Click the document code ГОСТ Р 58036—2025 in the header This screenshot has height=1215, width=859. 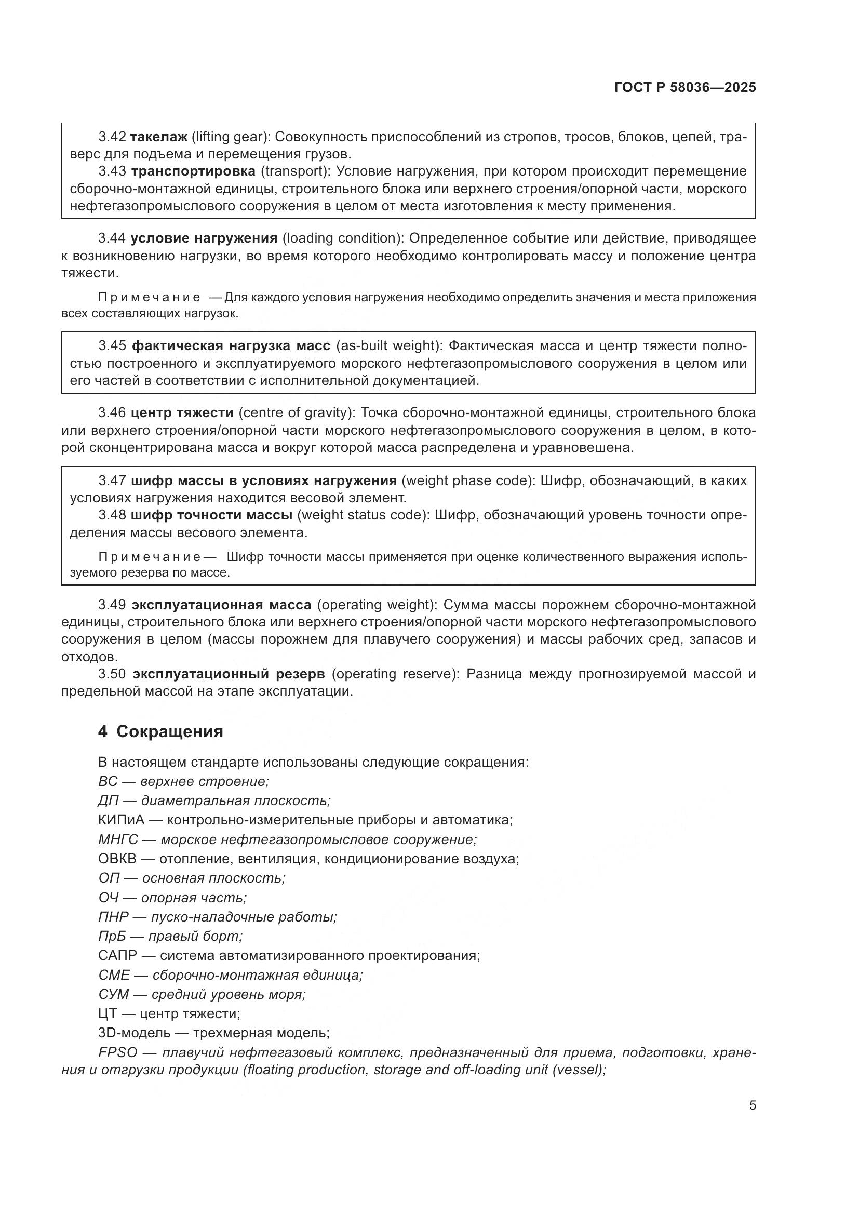685,88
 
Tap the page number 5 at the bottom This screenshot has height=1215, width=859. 752,1105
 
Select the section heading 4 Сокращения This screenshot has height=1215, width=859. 160,732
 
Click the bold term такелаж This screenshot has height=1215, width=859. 159,137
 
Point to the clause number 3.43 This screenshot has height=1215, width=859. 112,171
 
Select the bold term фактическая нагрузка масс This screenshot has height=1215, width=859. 231,346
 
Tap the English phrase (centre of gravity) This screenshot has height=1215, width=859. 297,413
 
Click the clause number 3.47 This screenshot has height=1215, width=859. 112,480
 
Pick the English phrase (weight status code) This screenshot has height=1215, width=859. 363,515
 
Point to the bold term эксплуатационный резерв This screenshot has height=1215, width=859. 229,674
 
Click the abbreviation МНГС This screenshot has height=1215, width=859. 118,840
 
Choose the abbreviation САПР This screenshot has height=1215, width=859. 117,956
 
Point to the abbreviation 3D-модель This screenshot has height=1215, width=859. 135,1033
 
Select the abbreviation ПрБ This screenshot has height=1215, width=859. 112,936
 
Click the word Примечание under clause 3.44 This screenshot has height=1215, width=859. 149,298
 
